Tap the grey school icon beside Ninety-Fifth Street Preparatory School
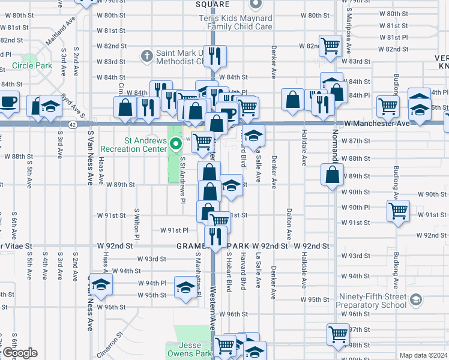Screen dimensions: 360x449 tap(414, 299)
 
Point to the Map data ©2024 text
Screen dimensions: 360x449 tap(423, 355)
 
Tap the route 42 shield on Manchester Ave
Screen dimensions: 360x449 tap(72, 124)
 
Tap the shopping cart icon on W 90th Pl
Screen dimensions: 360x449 tap(399, 210)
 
